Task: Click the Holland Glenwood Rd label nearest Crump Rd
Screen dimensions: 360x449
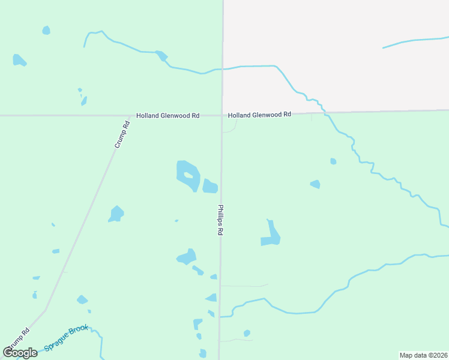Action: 167,115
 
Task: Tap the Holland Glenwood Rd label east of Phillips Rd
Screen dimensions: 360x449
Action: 259,114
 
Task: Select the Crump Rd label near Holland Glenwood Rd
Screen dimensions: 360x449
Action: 122,135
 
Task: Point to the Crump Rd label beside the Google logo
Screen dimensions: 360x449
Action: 18,340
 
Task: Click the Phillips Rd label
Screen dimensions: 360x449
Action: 220,219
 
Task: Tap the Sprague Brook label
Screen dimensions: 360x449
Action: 67,339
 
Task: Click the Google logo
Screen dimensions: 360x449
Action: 20,352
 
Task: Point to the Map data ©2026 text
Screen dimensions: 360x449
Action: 423,355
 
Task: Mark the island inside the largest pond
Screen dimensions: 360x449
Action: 188,175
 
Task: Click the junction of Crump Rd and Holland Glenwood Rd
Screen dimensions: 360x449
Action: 130,115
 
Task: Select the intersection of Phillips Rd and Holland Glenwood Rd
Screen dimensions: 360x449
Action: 222,115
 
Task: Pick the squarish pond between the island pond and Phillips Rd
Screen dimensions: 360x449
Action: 209,187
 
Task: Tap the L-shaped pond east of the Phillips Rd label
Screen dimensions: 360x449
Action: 271,235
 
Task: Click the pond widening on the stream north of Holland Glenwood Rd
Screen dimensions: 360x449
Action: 161,56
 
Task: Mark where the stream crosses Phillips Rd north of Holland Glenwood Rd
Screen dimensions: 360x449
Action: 223,69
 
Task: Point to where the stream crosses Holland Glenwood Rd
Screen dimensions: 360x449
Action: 325,112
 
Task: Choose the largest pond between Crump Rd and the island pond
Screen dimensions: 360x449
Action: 116,214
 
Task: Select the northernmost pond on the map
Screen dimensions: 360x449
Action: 46,30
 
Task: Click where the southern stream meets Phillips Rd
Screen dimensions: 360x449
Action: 220,316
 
